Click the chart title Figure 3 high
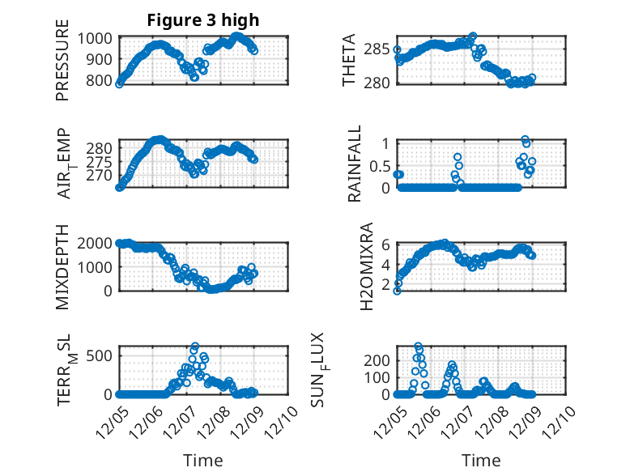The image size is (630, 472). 202,20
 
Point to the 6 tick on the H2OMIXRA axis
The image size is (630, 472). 387,244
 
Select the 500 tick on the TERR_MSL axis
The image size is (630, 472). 101,354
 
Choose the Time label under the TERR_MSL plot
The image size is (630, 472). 202,460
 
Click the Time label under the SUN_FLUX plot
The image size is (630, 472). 481,460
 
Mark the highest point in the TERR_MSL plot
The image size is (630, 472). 194,347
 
